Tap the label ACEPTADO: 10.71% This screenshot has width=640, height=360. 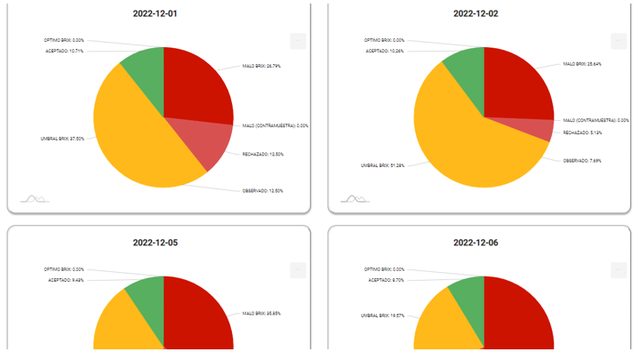pos(64,51)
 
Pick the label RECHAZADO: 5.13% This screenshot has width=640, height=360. pos(583,132)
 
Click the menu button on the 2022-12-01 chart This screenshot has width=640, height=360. pos(298,40)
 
